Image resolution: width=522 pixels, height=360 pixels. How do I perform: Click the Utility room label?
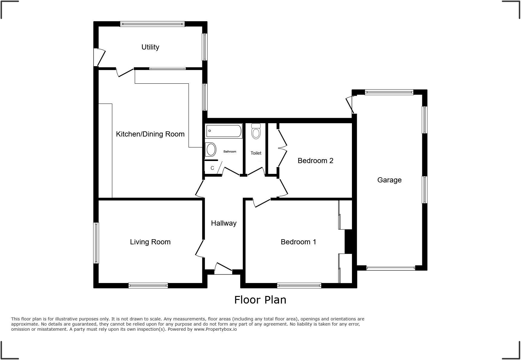[x=150, y=47]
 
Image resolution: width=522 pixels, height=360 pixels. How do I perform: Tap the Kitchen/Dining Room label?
[x=150, y=134]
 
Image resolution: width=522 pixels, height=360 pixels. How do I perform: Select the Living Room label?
[x=150, y=242]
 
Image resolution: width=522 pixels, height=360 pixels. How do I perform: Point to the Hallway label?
[x=224, y=223]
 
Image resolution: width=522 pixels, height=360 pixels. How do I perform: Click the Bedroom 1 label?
[x=298, y=242]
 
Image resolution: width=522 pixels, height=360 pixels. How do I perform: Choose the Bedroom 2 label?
[x=315, y=161]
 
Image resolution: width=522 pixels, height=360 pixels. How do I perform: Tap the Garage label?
[x=389, y=180]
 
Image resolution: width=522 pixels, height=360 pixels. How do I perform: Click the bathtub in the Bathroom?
[x=224, y=131]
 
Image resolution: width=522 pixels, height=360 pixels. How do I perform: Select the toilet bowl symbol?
[x=256, y=133]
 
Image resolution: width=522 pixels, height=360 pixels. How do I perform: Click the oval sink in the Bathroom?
[x=211, y=149]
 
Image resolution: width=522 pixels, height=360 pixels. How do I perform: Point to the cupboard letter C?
[x=212, y=168]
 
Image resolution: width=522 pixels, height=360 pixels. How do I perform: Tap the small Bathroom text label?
[x=230, y=152]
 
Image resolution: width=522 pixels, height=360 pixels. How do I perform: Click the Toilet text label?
[x=256, y=153]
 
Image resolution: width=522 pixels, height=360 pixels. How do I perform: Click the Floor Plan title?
[x=260, y=300]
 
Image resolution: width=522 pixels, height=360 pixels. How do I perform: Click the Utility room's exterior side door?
[x=100, y=57]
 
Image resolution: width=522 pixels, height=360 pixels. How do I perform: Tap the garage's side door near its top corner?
[x=350, y=104]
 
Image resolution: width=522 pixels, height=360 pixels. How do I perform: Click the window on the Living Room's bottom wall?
[x=148, y=285]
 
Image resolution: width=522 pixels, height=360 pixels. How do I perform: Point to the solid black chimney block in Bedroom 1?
[x=349, y=242]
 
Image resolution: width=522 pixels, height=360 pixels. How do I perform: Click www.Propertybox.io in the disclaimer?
[x=215, y=329]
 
